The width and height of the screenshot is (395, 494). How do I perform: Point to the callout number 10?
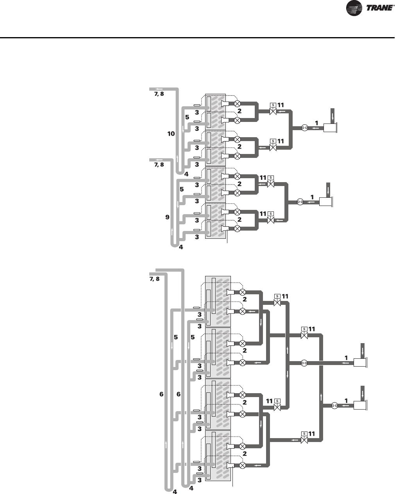171,134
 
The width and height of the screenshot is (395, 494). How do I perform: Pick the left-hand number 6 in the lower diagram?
161,394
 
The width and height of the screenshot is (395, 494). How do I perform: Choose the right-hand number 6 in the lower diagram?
179,394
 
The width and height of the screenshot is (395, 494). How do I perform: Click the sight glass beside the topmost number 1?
305,127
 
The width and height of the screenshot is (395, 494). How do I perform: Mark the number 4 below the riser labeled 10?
186,174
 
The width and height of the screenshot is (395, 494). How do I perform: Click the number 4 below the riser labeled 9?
181,247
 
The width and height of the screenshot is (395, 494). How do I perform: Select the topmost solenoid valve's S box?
273,105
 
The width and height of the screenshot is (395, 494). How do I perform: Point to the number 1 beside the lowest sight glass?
346,401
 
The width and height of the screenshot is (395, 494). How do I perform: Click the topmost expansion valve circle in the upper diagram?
237,104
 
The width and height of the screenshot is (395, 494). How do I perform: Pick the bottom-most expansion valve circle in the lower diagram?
242,465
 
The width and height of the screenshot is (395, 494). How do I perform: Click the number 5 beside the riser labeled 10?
187,117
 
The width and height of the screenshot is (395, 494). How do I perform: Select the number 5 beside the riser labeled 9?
181,189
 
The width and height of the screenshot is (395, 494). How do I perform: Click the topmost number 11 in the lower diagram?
285,297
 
